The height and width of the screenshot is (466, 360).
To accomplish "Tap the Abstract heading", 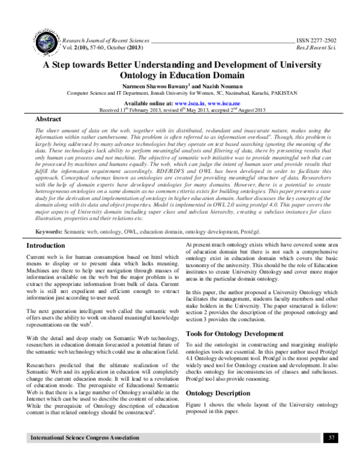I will (49, 120).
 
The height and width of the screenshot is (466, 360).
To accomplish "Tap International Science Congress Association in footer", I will (79, 454).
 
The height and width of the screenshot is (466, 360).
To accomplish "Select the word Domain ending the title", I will (229, 76).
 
